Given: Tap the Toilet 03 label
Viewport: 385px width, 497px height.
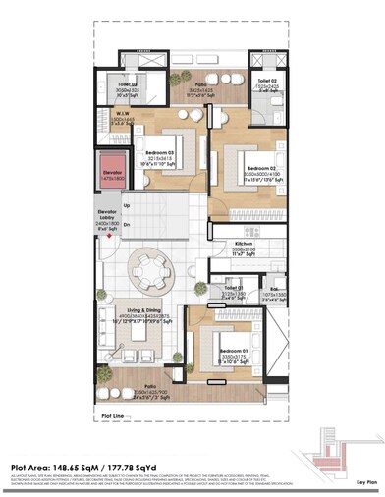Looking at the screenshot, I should coord(127,85).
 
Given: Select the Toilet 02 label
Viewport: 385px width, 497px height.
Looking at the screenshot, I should coord(268,81).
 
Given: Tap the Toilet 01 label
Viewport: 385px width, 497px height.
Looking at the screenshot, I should coord(233,288).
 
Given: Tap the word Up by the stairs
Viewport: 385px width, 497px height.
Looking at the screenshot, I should coord(127,205).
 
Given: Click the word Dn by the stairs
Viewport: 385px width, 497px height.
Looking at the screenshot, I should coord(127,223).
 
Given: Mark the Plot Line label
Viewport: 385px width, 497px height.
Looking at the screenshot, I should coord(114,417).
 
